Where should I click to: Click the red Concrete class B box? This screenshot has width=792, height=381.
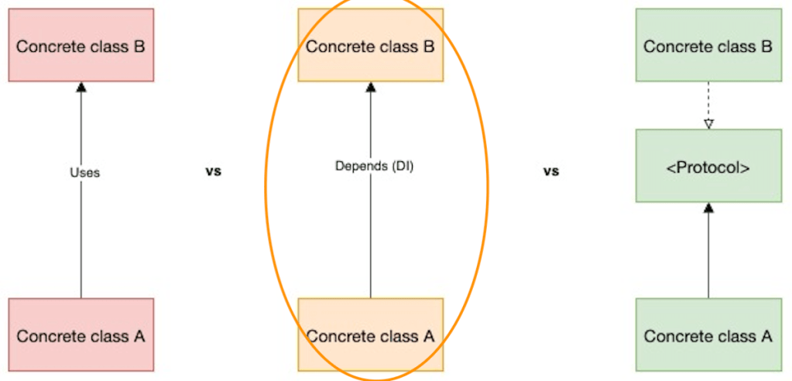81,46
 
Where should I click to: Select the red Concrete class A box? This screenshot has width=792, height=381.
81,336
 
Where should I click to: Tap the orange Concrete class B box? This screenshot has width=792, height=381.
370,46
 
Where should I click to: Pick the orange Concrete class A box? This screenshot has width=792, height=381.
370,336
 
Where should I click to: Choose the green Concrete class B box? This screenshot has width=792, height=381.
708,46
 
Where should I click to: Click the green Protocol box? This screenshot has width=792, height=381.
708,166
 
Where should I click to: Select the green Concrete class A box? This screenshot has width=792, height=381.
708,336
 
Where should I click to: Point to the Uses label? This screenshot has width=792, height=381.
84,173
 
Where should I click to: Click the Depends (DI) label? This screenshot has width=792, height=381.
374,166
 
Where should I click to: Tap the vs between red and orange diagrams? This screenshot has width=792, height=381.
213,171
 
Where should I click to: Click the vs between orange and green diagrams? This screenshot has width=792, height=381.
550,171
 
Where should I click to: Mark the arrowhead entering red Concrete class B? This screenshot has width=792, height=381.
81,87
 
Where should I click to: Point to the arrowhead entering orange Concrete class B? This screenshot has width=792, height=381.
370,87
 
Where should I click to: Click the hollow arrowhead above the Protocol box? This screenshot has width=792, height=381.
708,123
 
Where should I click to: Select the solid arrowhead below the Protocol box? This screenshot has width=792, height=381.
708,208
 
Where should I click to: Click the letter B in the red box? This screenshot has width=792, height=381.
139,46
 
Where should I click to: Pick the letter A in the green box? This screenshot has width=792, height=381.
767,336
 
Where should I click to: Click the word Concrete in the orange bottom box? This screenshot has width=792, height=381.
338,336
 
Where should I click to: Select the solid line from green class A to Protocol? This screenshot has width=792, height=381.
708,256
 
